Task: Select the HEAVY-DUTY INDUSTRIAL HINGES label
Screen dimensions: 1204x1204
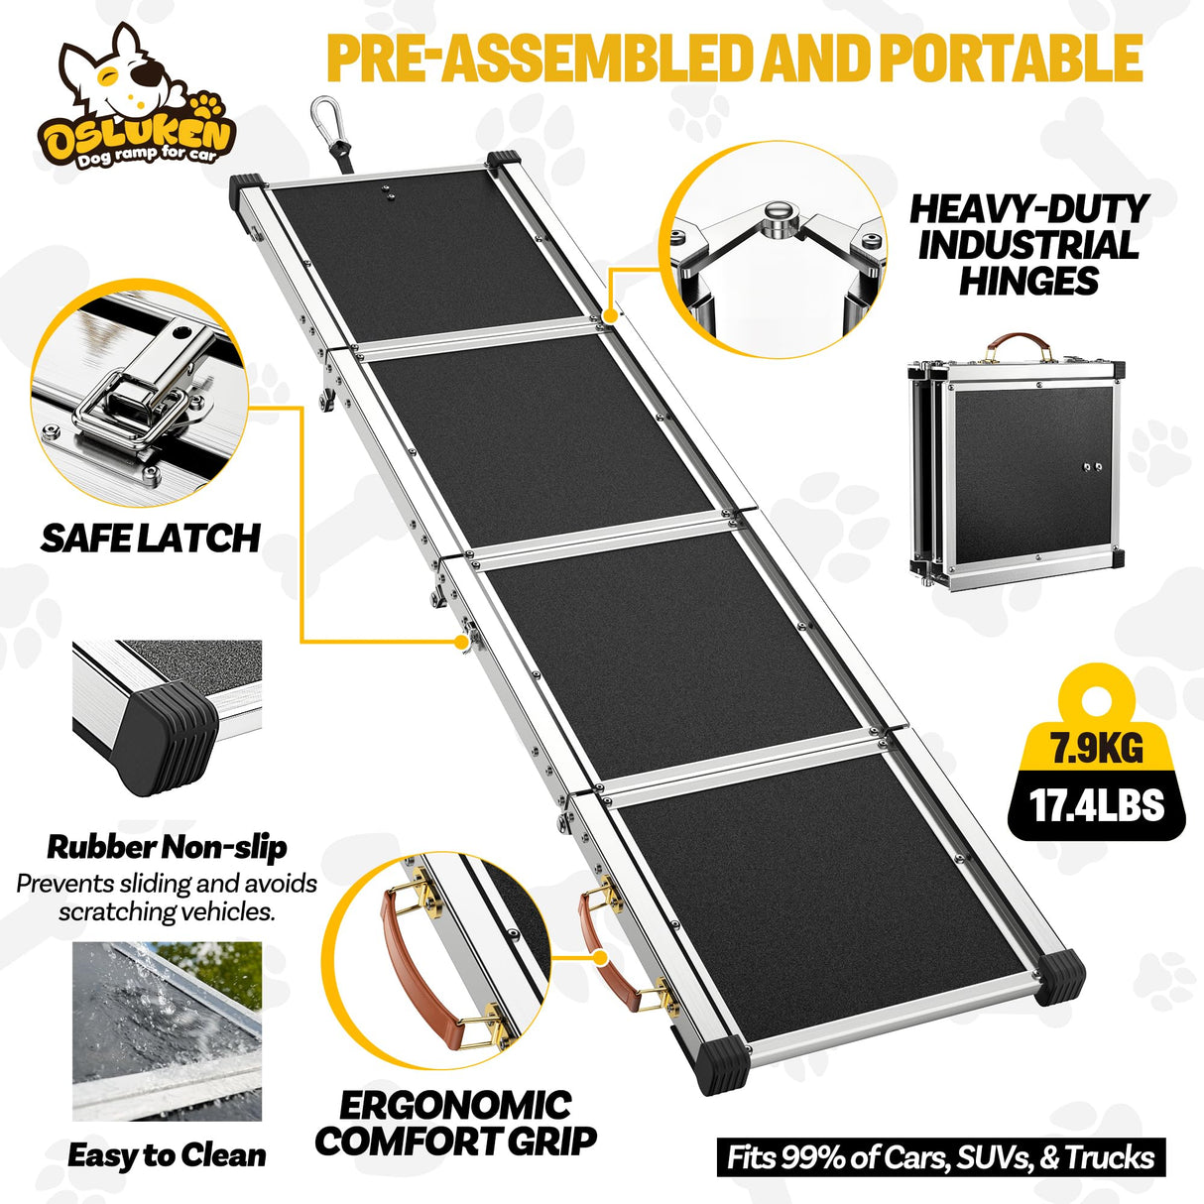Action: (x=1028, y=245)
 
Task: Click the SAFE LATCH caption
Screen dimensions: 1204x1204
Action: (x=151, y=539)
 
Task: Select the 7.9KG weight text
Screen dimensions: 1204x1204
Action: (x=1097, y=747)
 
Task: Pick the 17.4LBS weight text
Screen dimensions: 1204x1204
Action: (x=1096, y=804)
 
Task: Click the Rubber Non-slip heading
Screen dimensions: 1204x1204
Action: (x=167, y=847)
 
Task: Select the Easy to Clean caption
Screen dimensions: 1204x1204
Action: (x=167, y=1155)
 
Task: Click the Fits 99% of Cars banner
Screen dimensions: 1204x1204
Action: (x=940, y=1157)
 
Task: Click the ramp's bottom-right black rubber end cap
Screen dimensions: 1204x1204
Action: (x=1059, y=976)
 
